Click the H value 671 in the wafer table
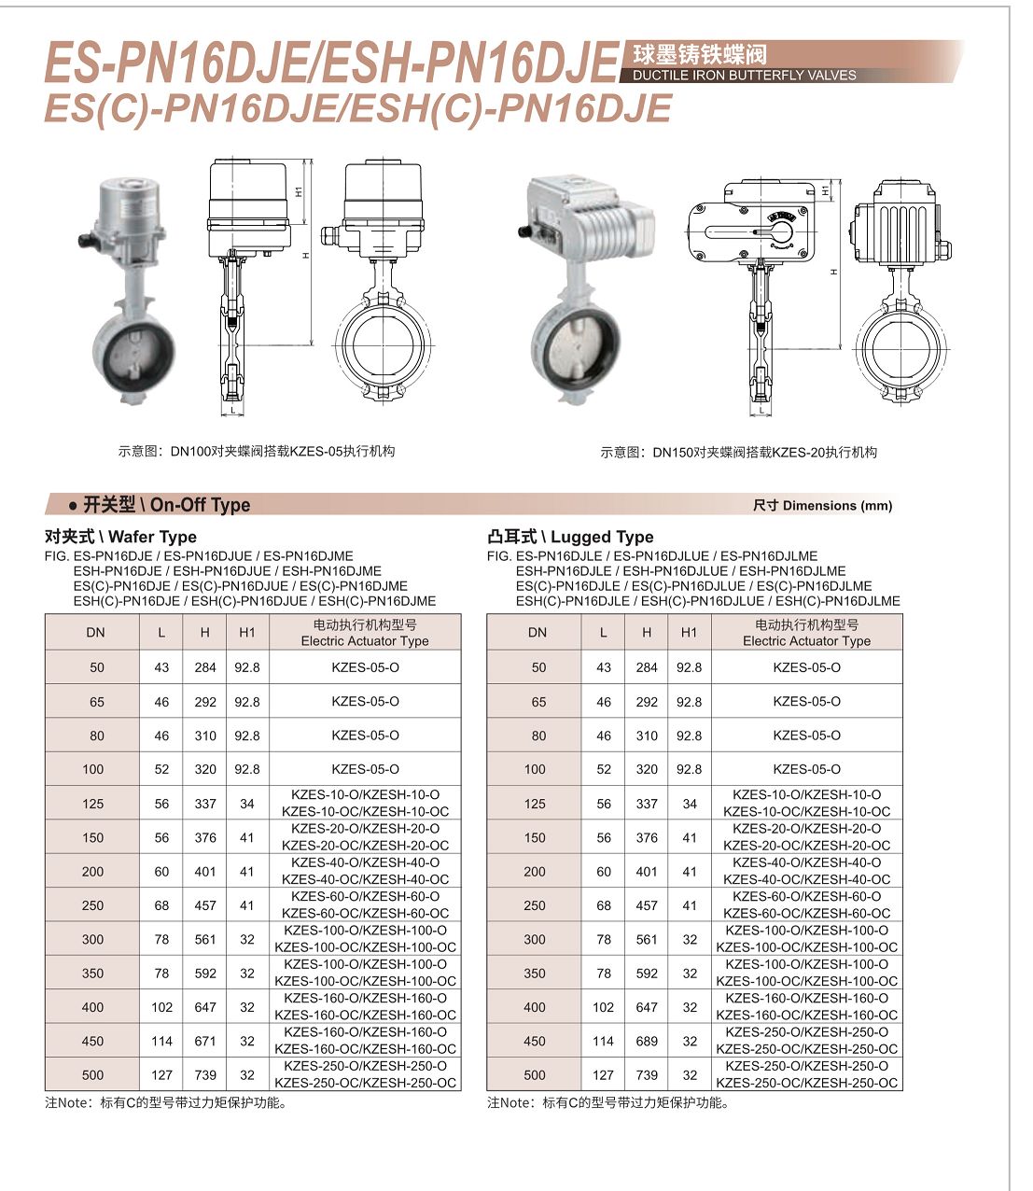205,1041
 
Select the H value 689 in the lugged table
647,1041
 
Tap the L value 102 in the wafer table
161,1007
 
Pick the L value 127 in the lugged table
603,1074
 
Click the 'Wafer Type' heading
120,537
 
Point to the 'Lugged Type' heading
570,537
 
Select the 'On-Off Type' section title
166,505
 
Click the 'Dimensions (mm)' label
822,506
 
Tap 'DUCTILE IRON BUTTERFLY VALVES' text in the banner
744,76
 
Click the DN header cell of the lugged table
537,633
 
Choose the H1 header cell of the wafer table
246,633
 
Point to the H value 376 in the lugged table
647,837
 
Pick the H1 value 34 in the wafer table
246,804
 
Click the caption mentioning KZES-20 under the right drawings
738,453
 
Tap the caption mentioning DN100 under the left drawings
257,452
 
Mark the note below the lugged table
607,1103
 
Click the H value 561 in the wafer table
205,939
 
